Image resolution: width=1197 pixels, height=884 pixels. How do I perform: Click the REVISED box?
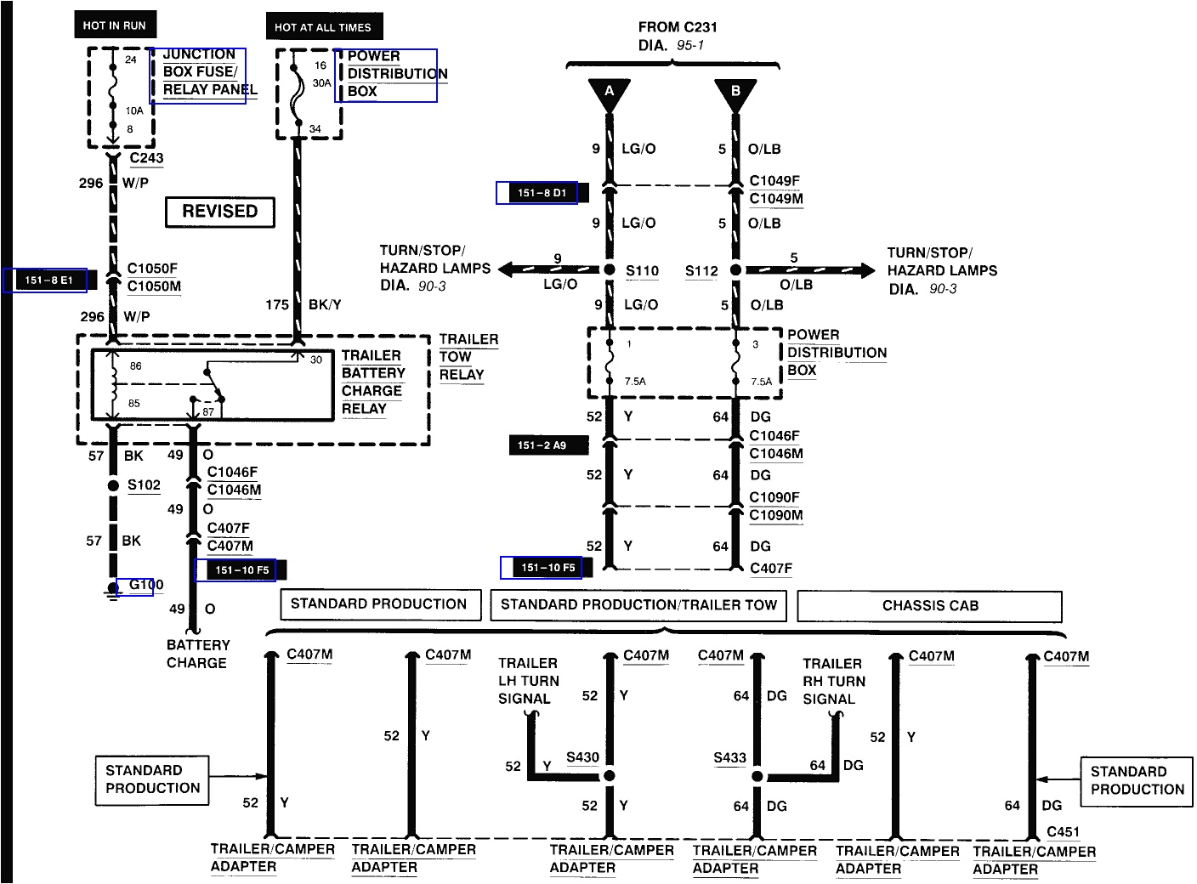[x=219, y=212]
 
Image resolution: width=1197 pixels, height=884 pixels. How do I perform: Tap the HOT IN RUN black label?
[x=115, y=25]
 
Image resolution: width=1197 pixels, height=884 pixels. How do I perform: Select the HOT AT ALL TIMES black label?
[x=323, y=27]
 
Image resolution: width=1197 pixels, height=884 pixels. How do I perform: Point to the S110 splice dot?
[x=610, y=270]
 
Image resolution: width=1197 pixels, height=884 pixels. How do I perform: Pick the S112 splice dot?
[x=735, y=270]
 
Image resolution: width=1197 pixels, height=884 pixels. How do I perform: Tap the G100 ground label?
[x=145, y=585]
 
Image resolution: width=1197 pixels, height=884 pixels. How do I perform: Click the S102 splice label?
[x=144, y=485]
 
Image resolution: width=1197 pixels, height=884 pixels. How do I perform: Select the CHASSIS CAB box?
[x=929, y=606]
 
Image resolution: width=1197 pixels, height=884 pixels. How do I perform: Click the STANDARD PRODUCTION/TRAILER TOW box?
[x=638, y=605]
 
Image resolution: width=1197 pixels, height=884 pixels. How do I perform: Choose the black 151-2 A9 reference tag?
[x=542, y=445]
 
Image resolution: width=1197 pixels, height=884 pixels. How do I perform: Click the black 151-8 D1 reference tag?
[x=542, y=193]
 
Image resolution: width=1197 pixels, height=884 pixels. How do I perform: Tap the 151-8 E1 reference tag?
[x=48, y=280]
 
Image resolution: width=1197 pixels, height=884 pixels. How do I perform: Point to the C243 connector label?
[x=146, y=158]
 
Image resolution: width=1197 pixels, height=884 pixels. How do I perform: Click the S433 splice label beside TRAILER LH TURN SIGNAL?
[x=582, y=757]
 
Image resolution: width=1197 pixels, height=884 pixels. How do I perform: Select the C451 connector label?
[x=1063, y=832]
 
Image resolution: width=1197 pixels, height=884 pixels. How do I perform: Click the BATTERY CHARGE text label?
[x=197, y=654]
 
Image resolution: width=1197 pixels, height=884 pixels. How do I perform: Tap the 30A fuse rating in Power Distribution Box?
[x=321, y=83]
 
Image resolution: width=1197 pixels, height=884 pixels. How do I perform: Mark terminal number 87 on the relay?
[x=208, y=411]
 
